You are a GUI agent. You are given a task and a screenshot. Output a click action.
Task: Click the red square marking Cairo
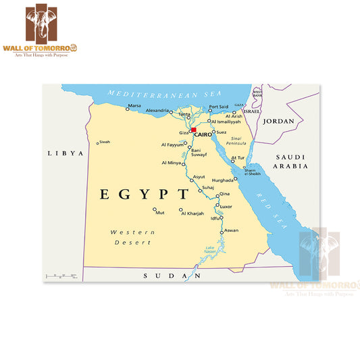[x=193, y=130]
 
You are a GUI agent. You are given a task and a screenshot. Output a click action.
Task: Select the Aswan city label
[x=231, y=230]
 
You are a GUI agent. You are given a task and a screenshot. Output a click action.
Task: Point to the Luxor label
[x=226, y=206]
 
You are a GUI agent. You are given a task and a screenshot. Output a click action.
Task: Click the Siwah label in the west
[x=104, y=142]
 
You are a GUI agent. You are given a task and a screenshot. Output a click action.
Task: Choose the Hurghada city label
[x=222, y=181]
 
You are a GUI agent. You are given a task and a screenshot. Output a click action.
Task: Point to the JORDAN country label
[x=278, y=122]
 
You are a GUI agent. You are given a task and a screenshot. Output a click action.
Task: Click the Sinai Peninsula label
[x=236, y=140]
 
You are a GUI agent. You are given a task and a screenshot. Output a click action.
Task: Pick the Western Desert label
[x=133, y=237]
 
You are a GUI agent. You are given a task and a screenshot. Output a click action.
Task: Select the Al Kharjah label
[x=191, y=213]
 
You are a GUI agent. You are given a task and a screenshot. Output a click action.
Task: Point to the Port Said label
[x=218, y=107]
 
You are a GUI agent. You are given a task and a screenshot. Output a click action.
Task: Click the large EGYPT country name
[x=145, y=195]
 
